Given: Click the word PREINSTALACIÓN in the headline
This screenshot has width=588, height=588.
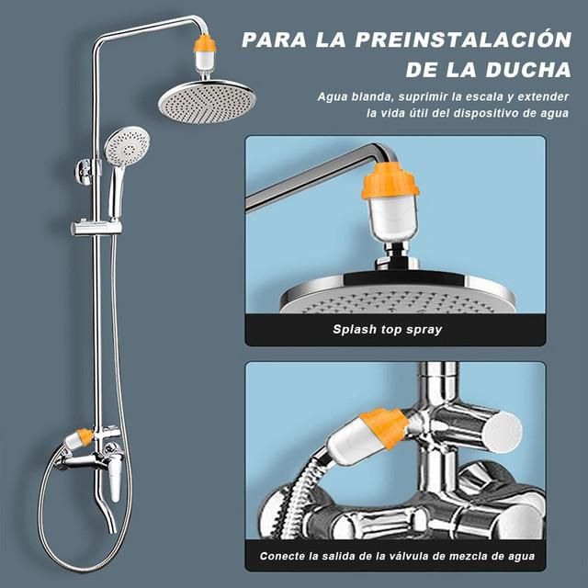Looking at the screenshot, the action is pos(463,40).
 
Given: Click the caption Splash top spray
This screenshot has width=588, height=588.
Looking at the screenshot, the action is pos(388,330).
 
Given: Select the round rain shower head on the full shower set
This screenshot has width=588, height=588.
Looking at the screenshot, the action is pos(207,100).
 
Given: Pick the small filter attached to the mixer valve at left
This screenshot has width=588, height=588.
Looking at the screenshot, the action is pos(78,439).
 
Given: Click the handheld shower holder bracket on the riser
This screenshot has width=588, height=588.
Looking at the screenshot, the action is pos(96,227).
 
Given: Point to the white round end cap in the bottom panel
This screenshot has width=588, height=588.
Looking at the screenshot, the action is pos(503,432).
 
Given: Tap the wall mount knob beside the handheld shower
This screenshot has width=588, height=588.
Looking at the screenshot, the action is pos(84,172).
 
